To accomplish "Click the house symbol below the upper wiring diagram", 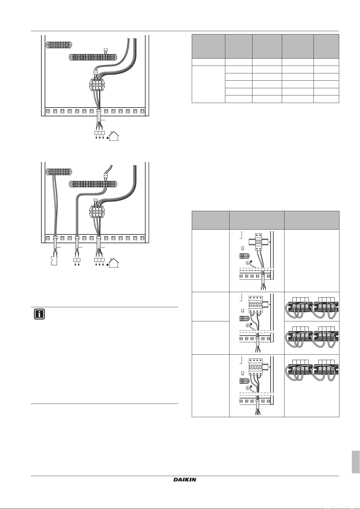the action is [114, 136].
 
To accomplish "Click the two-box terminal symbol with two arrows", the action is [77, 262].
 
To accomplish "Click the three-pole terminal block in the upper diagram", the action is [97, 85].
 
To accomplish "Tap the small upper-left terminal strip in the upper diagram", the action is [59, 45].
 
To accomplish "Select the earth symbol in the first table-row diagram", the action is [247, 263].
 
